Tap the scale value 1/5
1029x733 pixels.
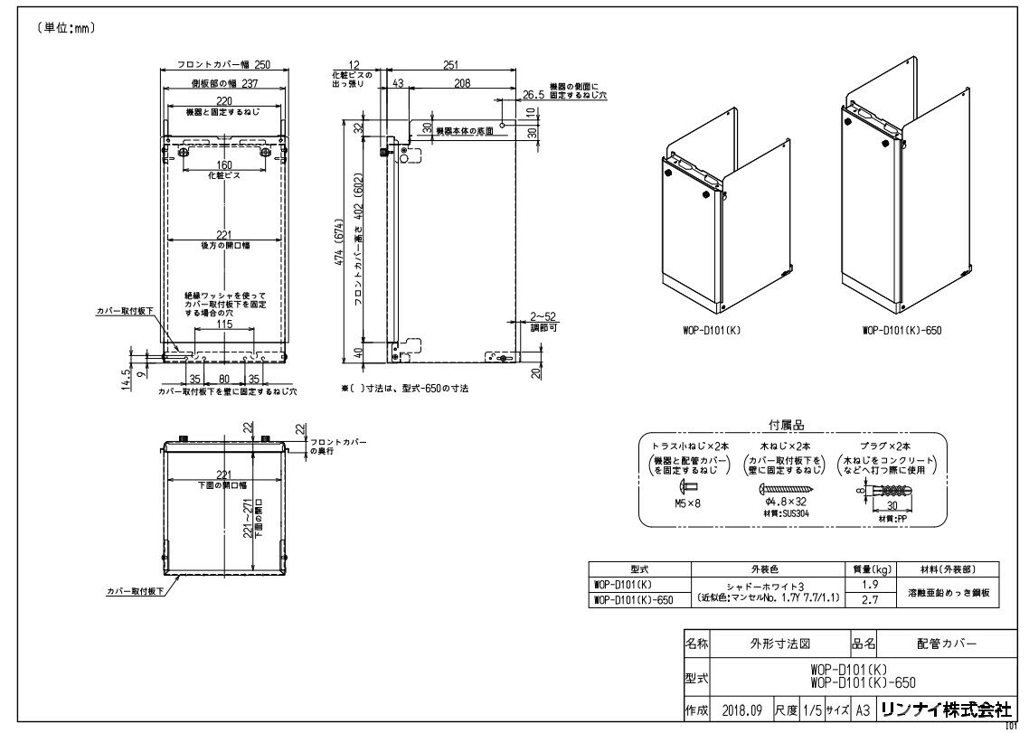813,710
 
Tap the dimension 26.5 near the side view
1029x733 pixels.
533,93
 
